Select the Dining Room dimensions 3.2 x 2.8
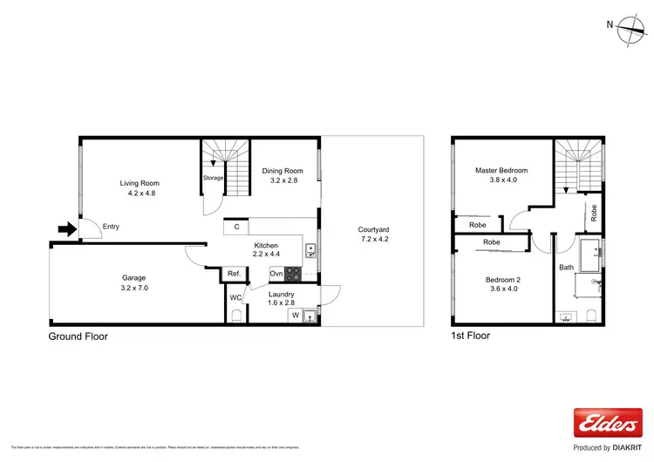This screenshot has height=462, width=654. click(282, 181)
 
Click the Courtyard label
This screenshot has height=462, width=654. click(373, 230)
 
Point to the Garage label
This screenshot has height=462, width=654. click(133, 277)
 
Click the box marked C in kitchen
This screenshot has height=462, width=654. click(236, 228)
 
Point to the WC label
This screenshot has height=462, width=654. click(235, 297)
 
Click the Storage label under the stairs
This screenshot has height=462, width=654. click(214, 178)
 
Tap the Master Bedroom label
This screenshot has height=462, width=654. click(501, 170)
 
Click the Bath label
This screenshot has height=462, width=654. click(567, 268)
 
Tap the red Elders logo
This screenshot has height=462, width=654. click(602, 424)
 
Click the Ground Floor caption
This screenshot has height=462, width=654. click(78, 335)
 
